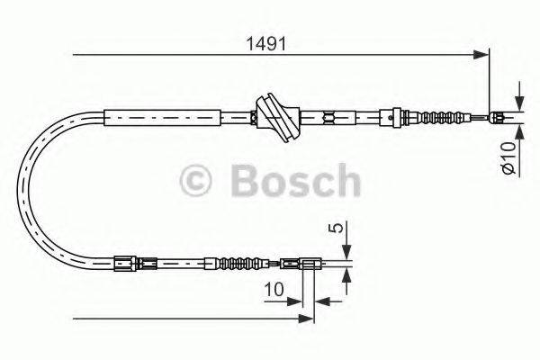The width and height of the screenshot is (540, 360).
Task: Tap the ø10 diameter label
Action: coord(508,158)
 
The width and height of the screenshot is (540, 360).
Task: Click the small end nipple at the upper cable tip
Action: coord(499,115)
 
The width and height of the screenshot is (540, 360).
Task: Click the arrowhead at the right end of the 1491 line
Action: coord(484,57)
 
